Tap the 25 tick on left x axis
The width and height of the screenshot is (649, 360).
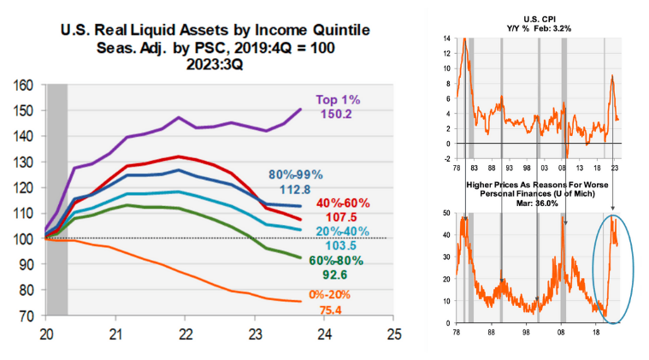392,331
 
